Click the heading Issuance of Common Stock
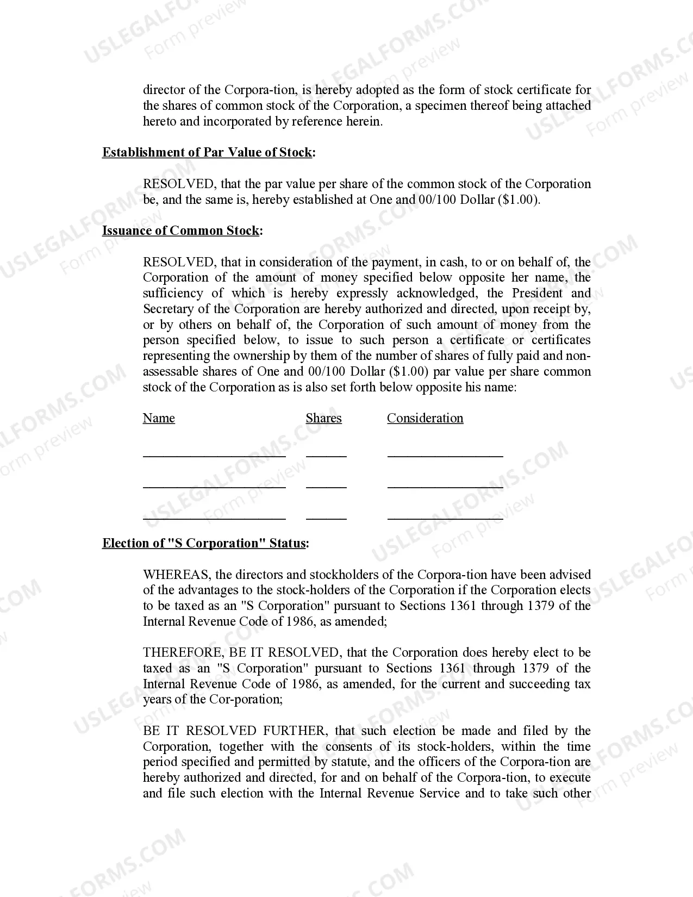(x=182, y=231)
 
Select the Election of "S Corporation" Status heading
(x=205, y=544)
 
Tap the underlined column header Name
(x=159, y=419)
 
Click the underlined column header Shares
(x=323, y=419)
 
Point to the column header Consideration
(x=425, y=419)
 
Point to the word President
(x=537, y=294)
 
